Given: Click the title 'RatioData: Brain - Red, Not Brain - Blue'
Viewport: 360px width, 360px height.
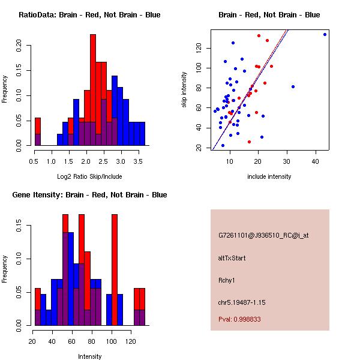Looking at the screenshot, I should click(x=89, y=14).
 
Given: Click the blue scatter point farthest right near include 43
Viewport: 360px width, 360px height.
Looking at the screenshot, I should click(x=325, y=34).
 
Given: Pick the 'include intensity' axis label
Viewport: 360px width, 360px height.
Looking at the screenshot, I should click(x=269, y=176).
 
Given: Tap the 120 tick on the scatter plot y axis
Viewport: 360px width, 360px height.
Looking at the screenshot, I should click(x=202, y=47).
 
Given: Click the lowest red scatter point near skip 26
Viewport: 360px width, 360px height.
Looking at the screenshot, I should click(x=249, y=142).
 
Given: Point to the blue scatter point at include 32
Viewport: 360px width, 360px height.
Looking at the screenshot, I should click(x=293, y=86).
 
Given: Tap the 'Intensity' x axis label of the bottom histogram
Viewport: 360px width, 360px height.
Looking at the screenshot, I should click(x=89, y=356).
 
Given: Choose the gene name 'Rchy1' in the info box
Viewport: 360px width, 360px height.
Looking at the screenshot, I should click(x=227, y=280).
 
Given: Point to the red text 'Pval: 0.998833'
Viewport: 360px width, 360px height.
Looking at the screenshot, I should click(x=239, y=320).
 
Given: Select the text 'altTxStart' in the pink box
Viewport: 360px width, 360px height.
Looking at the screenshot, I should click(x=232, y=258).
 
